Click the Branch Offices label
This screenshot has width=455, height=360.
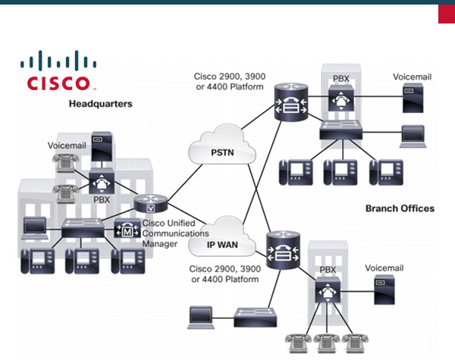(400, 208)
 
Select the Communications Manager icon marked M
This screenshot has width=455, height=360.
(126, 229)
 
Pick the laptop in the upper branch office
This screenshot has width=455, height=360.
(413, 136)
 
